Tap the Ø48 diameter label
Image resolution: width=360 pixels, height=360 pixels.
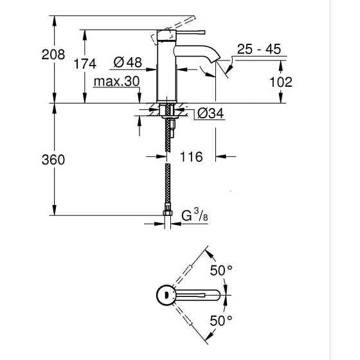[128, 63]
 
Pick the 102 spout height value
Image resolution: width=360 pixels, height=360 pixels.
[280, 82]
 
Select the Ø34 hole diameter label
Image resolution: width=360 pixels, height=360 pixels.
[209, 114]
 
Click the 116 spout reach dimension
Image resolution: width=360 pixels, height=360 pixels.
[191, 156]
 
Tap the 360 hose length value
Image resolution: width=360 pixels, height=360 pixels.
[53, 159]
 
